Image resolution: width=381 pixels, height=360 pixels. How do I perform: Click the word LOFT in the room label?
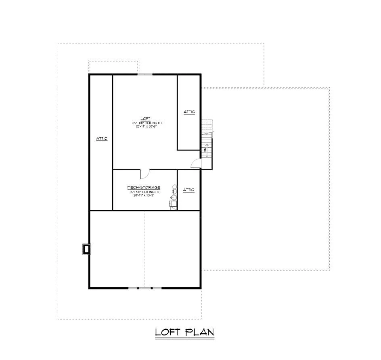(143, 118)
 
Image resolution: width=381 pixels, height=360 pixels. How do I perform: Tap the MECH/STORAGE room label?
(144, 188)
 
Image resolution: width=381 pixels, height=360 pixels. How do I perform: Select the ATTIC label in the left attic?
(102, 138)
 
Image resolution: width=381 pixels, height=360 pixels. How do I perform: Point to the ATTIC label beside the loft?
(189, 112)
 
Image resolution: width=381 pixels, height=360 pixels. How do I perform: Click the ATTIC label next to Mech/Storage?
(189, 190)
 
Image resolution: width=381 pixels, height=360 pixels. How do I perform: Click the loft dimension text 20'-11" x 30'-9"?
(144, 126)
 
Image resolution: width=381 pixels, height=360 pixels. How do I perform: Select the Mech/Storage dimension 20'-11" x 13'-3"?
(144, 196)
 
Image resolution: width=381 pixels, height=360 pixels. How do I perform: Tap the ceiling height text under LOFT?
(144, 122)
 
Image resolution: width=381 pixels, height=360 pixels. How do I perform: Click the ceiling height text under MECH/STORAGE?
(144, 192)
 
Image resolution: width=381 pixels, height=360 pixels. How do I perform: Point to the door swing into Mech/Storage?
(145, 174)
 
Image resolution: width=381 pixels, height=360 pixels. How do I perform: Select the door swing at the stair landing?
(195, 163)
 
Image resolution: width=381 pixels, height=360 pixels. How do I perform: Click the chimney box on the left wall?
(86, 249)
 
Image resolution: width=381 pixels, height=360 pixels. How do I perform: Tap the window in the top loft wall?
(144, 74)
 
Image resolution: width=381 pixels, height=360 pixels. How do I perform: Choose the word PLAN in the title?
(199, 332)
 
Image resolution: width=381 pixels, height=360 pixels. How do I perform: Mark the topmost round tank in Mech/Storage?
(175, 186)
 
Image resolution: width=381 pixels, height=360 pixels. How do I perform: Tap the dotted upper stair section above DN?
(207, 126)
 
